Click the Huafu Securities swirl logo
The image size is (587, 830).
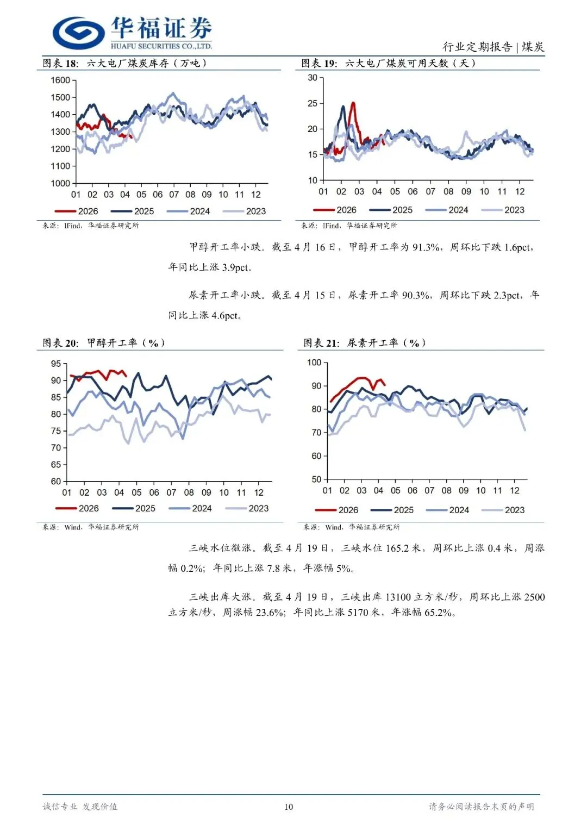pos(79,33)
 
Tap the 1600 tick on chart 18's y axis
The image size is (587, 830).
pos(60,80)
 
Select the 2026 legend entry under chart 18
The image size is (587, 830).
pos(77,211)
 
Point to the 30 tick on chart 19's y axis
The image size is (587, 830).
pos(313,78)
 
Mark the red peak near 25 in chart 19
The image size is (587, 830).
pos(353,103)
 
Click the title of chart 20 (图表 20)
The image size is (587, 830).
pos(103,343)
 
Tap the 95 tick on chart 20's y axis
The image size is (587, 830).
pos(56,364)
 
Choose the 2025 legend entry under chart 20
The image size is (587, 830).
pos(134,509)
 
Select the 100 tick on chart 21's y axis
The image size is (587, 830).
pos(314,363)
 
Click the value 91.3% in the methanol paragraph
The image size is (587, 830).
pos(426,247)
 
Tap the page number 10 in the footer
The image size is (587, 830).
pos(289,807)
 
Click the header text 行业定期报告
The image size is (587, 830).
pos(477,47)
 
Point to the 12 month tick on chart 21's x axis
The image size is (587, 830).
pos(515,491)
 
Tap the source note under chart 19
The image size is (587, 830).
pos(349,226)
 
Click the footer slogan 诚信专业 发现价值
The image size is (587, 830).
pos(80,807)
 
